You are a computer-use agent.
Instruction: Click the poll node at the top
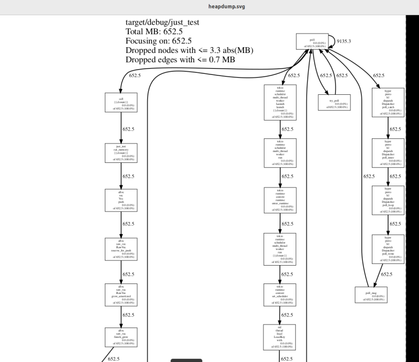click(312, 42)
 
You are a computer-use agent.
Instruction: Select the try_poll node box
click(334, 102)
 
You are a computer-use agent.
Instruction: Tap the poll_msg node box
click(371, 294)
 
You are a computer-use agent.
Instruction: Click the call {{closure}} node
click(121, 102)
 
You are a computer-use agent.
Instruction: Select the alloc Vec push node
click(121, 200)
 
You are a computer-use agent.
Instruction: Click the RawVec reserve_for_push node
click(121, 249)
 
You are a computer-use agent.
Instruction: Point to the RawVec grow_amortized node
click(121, 294)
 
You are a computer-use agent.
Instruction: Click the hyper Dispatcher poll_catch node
click(388, 102)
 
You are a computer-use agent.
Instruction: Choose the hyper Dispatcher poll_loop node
click(388, 200)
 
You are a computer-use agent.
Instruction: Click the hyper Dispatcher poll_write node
click(388, 249)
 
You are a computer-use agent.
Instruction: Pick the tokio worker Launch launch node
click(280, 102)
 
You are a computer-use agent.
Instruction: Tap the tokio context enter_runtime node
click(280, 200)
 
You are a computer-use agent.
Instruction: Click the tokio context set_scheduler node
click(280, 294)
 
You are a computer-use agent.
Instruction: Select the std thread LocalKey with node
click(280, 336)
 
